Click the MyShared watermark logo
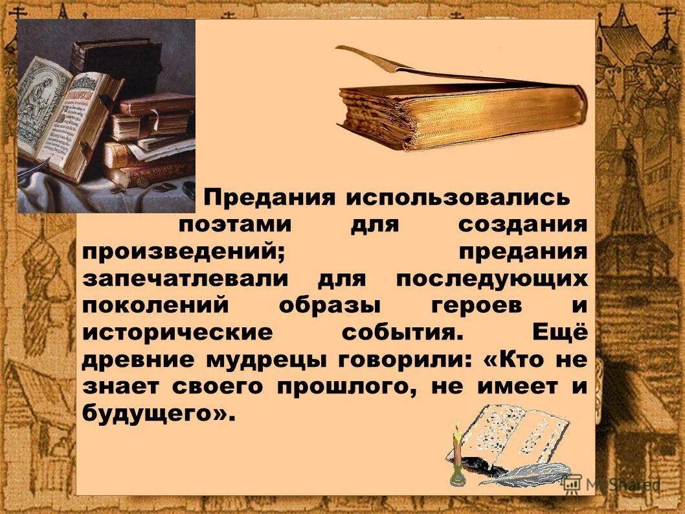[x=612, y=484]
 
